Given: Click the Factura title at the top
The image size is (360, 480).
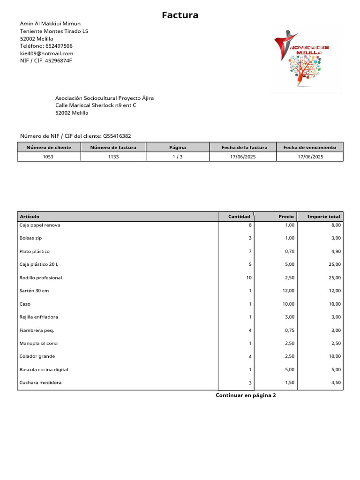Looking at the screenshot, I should [180, 15].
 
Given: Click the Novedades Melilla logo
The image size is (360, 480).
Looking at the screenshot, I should [306, 58].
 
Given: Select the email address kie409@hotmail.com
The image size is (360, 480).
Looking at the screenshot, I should [46, 53].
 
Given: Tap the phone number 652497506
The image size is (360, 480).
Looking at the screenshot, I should [59, 46].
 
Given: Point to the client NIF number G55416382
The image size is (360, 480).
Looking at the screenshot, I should [117, 136].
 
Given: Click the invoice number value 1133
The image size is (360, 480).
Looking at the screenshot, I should [113, 157].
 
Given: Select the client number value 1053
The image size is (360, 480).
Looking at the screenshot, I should [48, 157].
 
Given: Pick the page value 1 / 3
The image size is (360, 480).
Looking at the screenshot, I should [177, 157].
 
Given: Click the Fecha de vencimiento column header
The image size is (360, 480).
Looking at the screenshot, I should [309, 147].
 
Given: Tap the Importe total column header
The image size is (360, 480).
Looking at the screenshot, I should [323, 217].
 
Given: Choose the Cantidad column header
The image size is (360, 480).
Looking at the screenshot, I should [239, 217].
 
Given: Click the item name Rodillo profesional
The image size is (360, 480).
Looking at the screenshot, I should [41, 277].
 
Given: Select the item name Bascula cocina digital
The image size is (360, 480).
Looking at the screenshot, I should [44, 369].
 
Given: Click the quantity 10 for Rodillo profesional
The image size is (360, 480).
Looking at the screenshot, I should [248, 277].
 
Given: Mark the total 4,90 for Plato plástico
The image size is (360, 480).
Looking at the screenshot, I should [335, 251].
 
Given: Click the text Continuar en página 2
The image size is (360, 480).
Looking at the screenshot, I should [246, 395].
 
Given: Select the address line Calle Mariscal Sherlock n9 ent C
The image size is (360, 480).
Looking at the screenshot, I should [96, 105].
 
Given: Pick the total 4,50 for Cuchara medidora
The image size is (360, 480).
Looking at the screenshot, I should [335, 382].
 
